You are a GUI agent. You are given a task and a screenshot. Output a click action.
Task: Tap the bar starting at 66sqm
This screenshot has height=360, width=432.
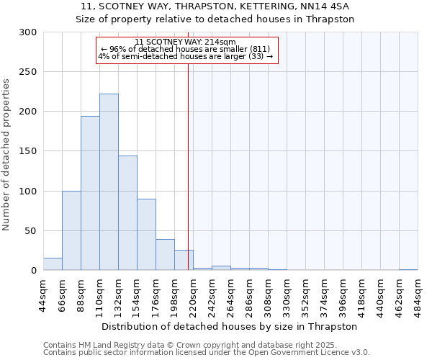(71, 230)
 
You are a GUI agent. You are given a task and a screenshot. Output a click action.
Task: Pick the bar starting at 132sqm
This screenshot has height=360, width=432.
(127, 213)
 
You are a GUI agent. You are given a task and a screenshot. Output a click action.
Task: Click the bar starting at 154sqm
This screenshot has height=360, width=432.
(146, 235)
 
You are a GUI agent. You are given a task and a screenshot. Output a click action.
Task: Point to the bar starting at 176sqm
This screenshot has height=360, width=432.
(165, 255)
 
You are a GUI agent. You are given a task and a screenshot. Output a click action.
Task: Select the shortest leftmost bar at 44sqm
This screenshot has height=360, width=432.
(53, 264)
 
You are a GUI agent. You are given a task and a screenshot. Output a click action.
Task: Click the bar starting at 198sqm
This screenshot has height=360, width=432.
(184, 260)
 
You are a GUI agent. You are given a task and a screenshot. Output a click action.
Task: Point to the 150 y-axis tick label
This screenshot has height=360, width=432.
(28, 152)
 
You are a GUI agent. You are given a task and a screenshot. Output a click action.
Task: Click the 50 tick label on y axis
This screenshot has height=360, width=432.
(31, 231)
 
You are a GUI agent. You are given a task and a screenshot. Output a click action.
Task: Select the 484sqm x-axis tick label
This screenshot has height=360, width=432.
(418, 296)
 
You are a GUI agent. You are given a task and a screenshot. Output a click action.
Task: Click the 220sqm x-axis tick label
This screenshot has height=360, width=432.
(193, 296)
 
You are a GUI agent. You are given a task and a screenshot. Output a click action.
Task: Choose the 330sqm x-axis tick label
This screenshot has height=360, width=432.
(287, 296)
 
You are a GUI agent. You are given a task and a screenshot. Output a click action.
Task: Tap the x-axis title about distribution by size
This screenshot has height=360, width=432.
(229, 326)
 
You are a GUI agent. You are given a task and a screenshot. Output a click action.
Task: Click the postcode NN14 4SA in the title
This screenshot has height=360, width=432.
(328, 6)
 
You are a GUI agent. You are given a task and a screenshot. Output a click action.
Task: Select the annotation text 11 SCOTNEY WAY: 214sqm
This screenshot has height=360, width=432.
(185, 42)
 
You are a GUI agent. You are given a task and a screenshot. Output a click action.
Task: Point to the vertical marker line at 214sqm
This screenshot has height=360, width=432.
(188, 158)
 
